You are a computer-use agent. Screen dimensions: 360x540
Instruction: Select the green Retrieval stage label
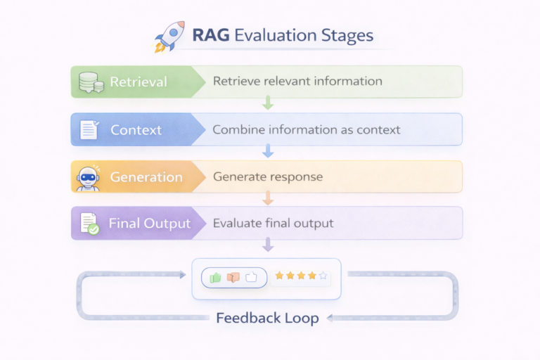click(x=139, y=82)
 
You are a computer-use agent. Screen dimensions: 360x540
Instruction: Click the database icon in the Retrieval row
click(x=91, y=82)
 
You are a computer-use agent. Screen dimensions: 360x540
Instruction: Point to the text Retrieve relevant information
click(x=297, y=81)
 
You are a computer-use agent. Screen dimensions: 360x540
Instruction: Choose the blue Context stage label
click(x=136, y=130)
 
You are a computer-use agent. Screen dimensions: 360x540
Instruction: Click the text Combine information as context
click(x=306, y=129)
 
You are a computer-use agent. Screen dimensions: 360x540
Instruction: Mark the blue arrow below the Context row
click(x=267, y=151)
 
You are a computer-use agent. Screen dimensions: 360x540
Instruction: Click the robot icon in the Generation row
click(x=89, y=177)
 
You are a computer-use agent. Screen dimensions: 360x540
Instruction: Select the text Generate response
click(x=268, y=176)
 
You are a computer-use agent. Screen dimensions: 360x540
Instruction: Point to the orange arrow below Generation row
click(x=267, y=198)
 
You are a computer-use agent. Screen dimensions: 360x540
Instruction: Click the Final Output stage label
click(x=149, y=224)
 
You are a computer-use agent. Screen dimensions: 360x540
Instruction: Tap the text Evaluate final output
click(x=273, y=224)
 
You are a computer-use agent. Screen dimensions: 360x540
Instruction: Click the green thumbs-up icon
click(x=215, y=277)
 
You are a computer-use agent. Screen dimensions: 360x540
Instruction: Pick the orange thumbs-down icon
click(x=233, y=277)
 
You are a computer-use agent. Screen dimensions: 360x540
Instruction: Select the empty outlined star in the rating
click(x=323, y=276)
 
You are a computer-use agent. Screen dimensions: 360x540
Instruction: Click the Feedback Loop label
click(x=267, y=318)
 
